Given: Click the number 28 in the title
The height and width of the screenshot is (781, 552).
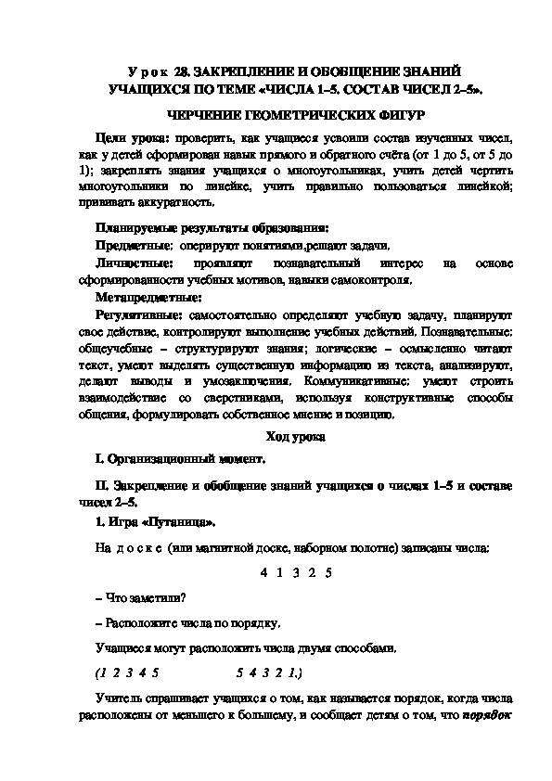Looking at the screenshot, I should click(178, 71).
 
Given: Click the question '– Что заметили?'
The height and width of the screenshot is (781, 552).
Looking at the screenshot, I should click(140, 597).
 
